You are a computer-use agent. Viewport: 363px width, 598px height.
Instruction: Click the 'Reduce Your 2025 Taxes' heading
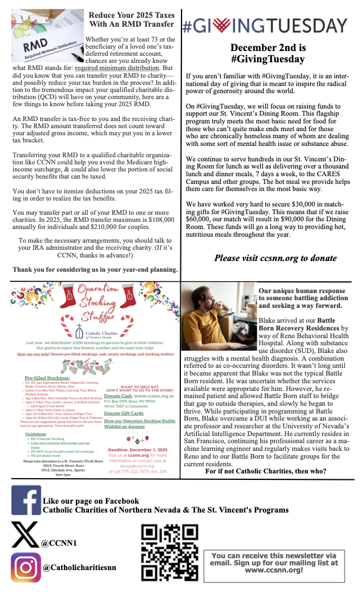pos(132,20)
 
